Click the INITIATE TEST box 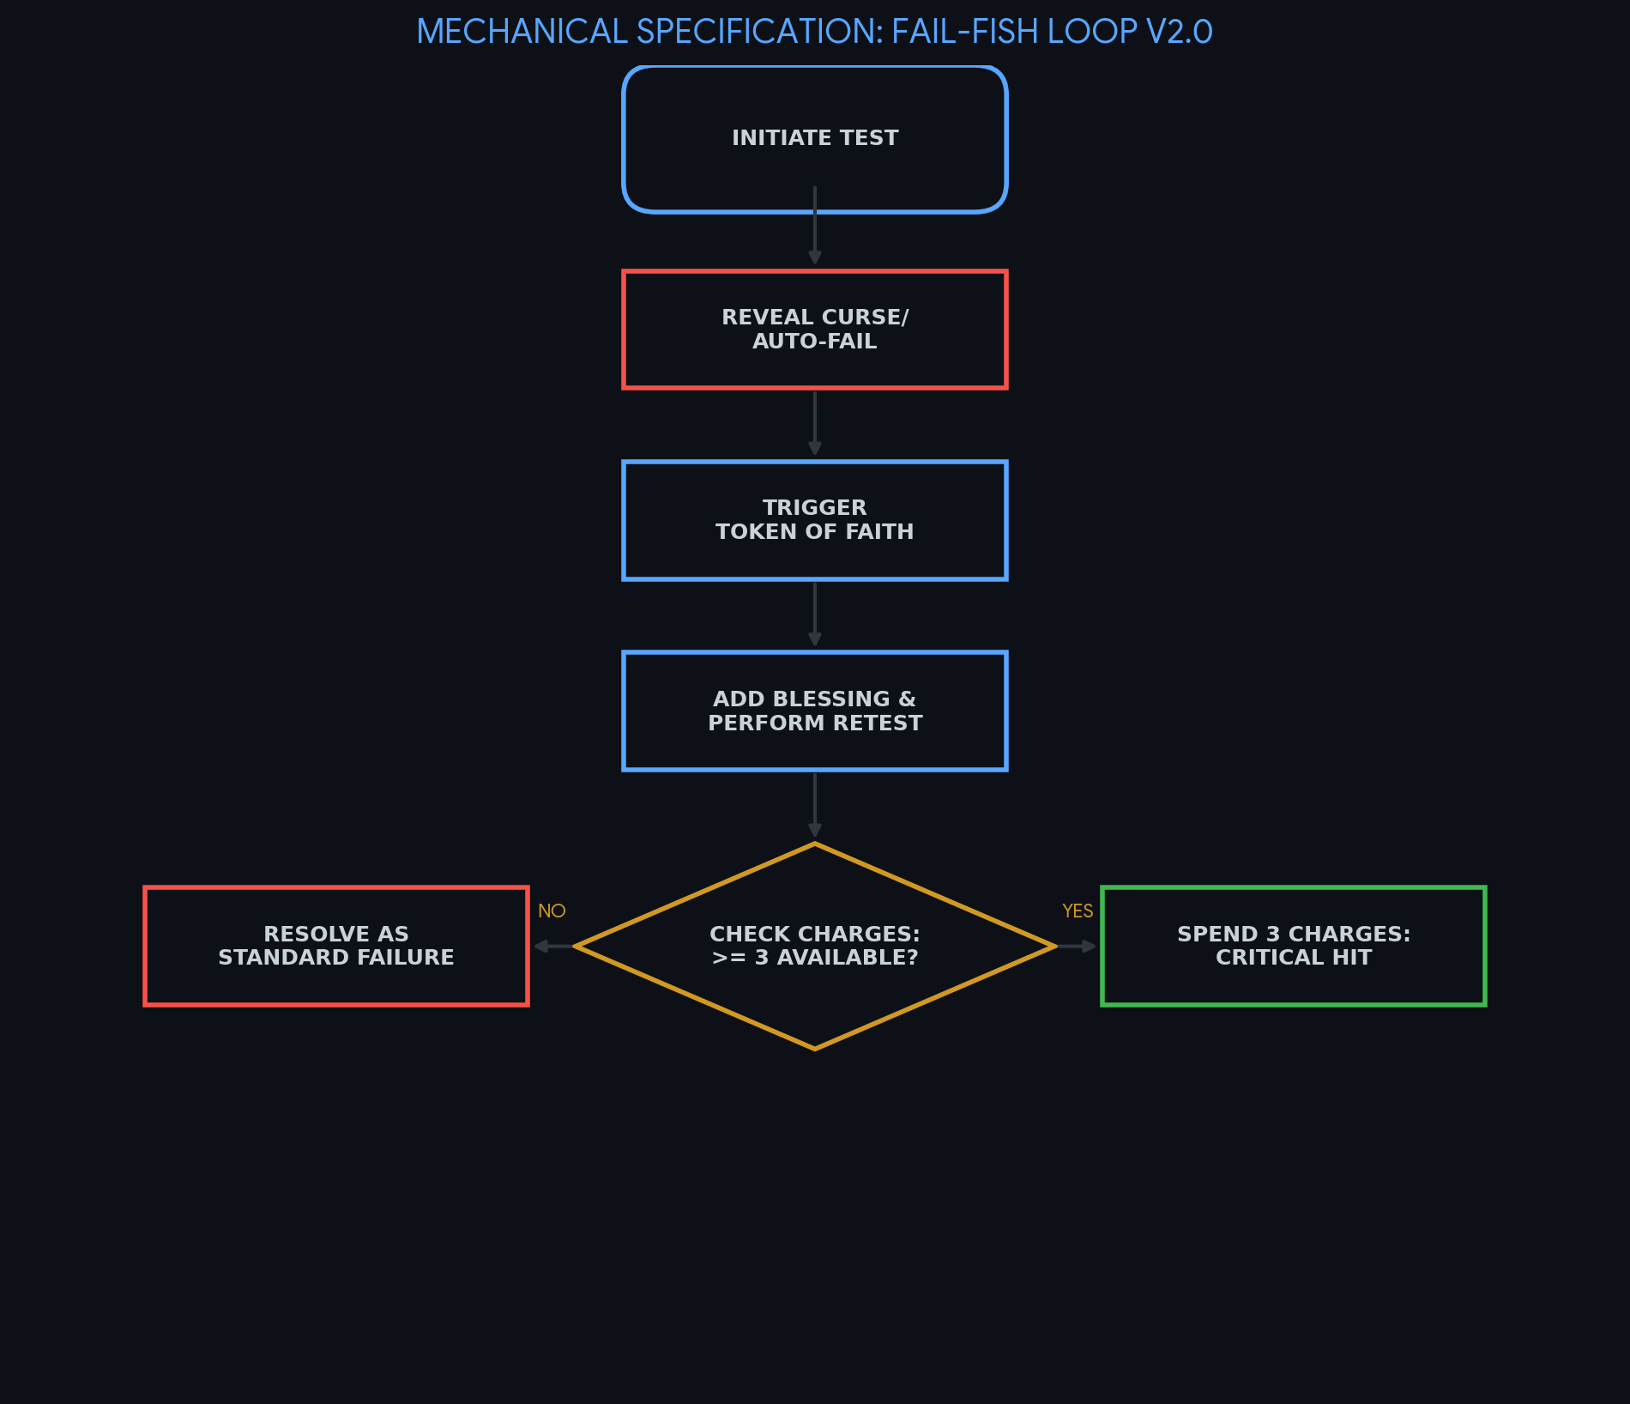pos(814,138)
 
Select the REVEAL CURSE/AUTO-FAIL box pos(814,330)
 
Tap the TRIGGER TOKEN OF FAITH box pos(814,520)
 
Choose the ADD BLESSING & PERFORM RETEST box pos(814,711)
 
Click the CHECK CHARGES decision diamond pos(814,946)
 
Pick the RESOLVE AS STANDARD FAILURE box pos(335,946)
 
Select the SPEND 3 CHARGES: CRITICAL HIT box pos(1293,946)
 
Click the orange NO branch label pos(552,911)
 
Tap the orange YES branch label pos(1078,911)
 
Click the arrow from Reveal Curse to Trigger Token pos(814,423)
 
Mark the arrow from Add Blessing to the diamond pos(814,805)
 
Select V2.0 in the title pos(1179,33)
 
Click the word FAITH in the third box pos(879,532)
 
